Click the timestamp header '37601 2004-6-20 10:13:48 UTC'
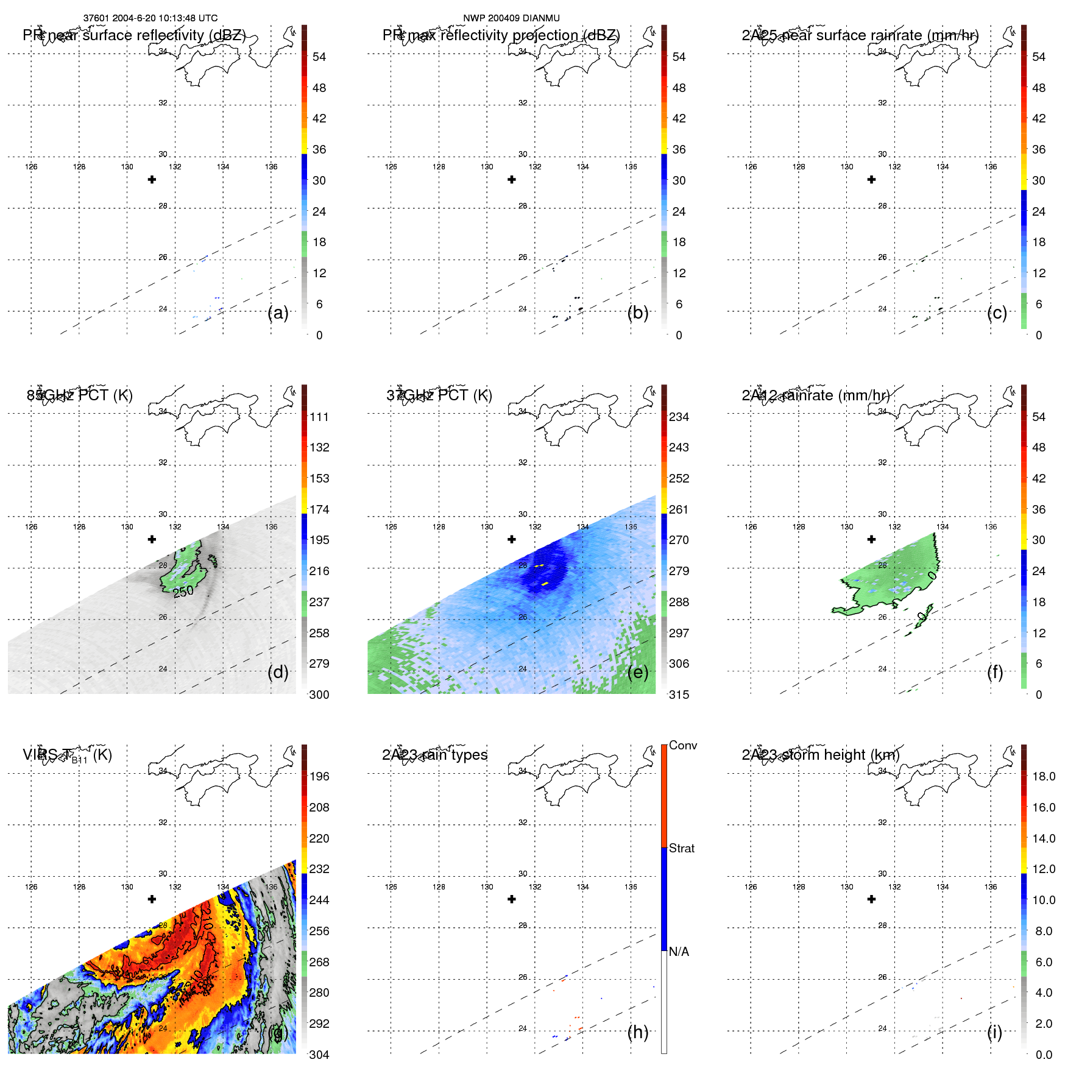[150, 18]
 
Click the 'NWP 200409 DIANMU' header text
[511, 18]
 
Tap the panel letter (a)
[278, 313]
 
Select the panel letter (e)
[637, 673]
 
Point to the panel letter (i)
[994, 1032]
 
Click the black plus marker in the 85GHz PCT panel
[152, 539]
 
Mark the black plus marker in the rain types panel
[512, 899]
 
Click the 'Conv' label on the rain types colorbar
[682, 746]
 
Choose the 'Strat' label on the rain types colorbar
[681, 849]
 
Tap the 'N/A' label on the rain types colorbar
[679, 952]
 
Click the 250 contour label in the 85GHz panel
[183, 591]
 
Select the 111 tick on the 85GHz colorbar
[319, 417]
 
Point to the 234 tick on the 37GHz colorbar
[679, 417]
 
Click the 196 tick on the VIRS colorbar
[319, 777]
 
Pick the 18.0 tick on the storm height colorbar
[1044, 777]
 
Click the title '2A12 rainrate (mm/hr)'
[815, 395]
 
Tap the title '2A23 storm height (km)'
[820, 755]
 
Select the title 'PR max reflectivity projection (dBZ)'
[501, 35]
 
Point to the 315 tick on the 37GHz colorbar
[679, 695]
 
